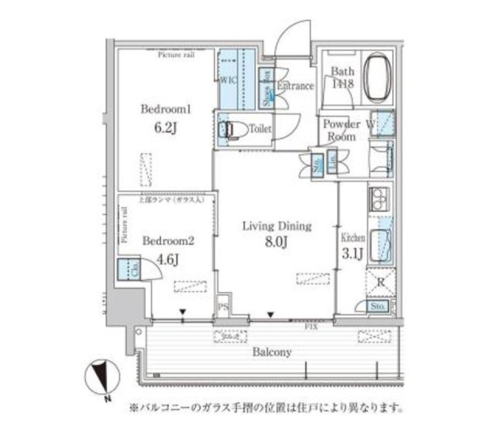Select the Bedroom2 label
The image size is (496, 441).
(x=161, y=241)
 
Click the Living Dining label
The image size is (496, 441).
(x=277, y=226)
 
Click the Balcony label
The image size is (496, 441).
(x=272, y=353)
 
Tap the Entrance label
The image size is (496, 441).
(x=295, y=86)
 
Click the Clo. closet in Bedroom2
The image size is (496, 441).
(x=127, y=270)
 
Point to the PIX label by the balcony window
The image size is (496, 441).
(x=311, y=327)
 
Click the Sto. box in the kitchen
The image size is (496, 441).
(x=379, y=306)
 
